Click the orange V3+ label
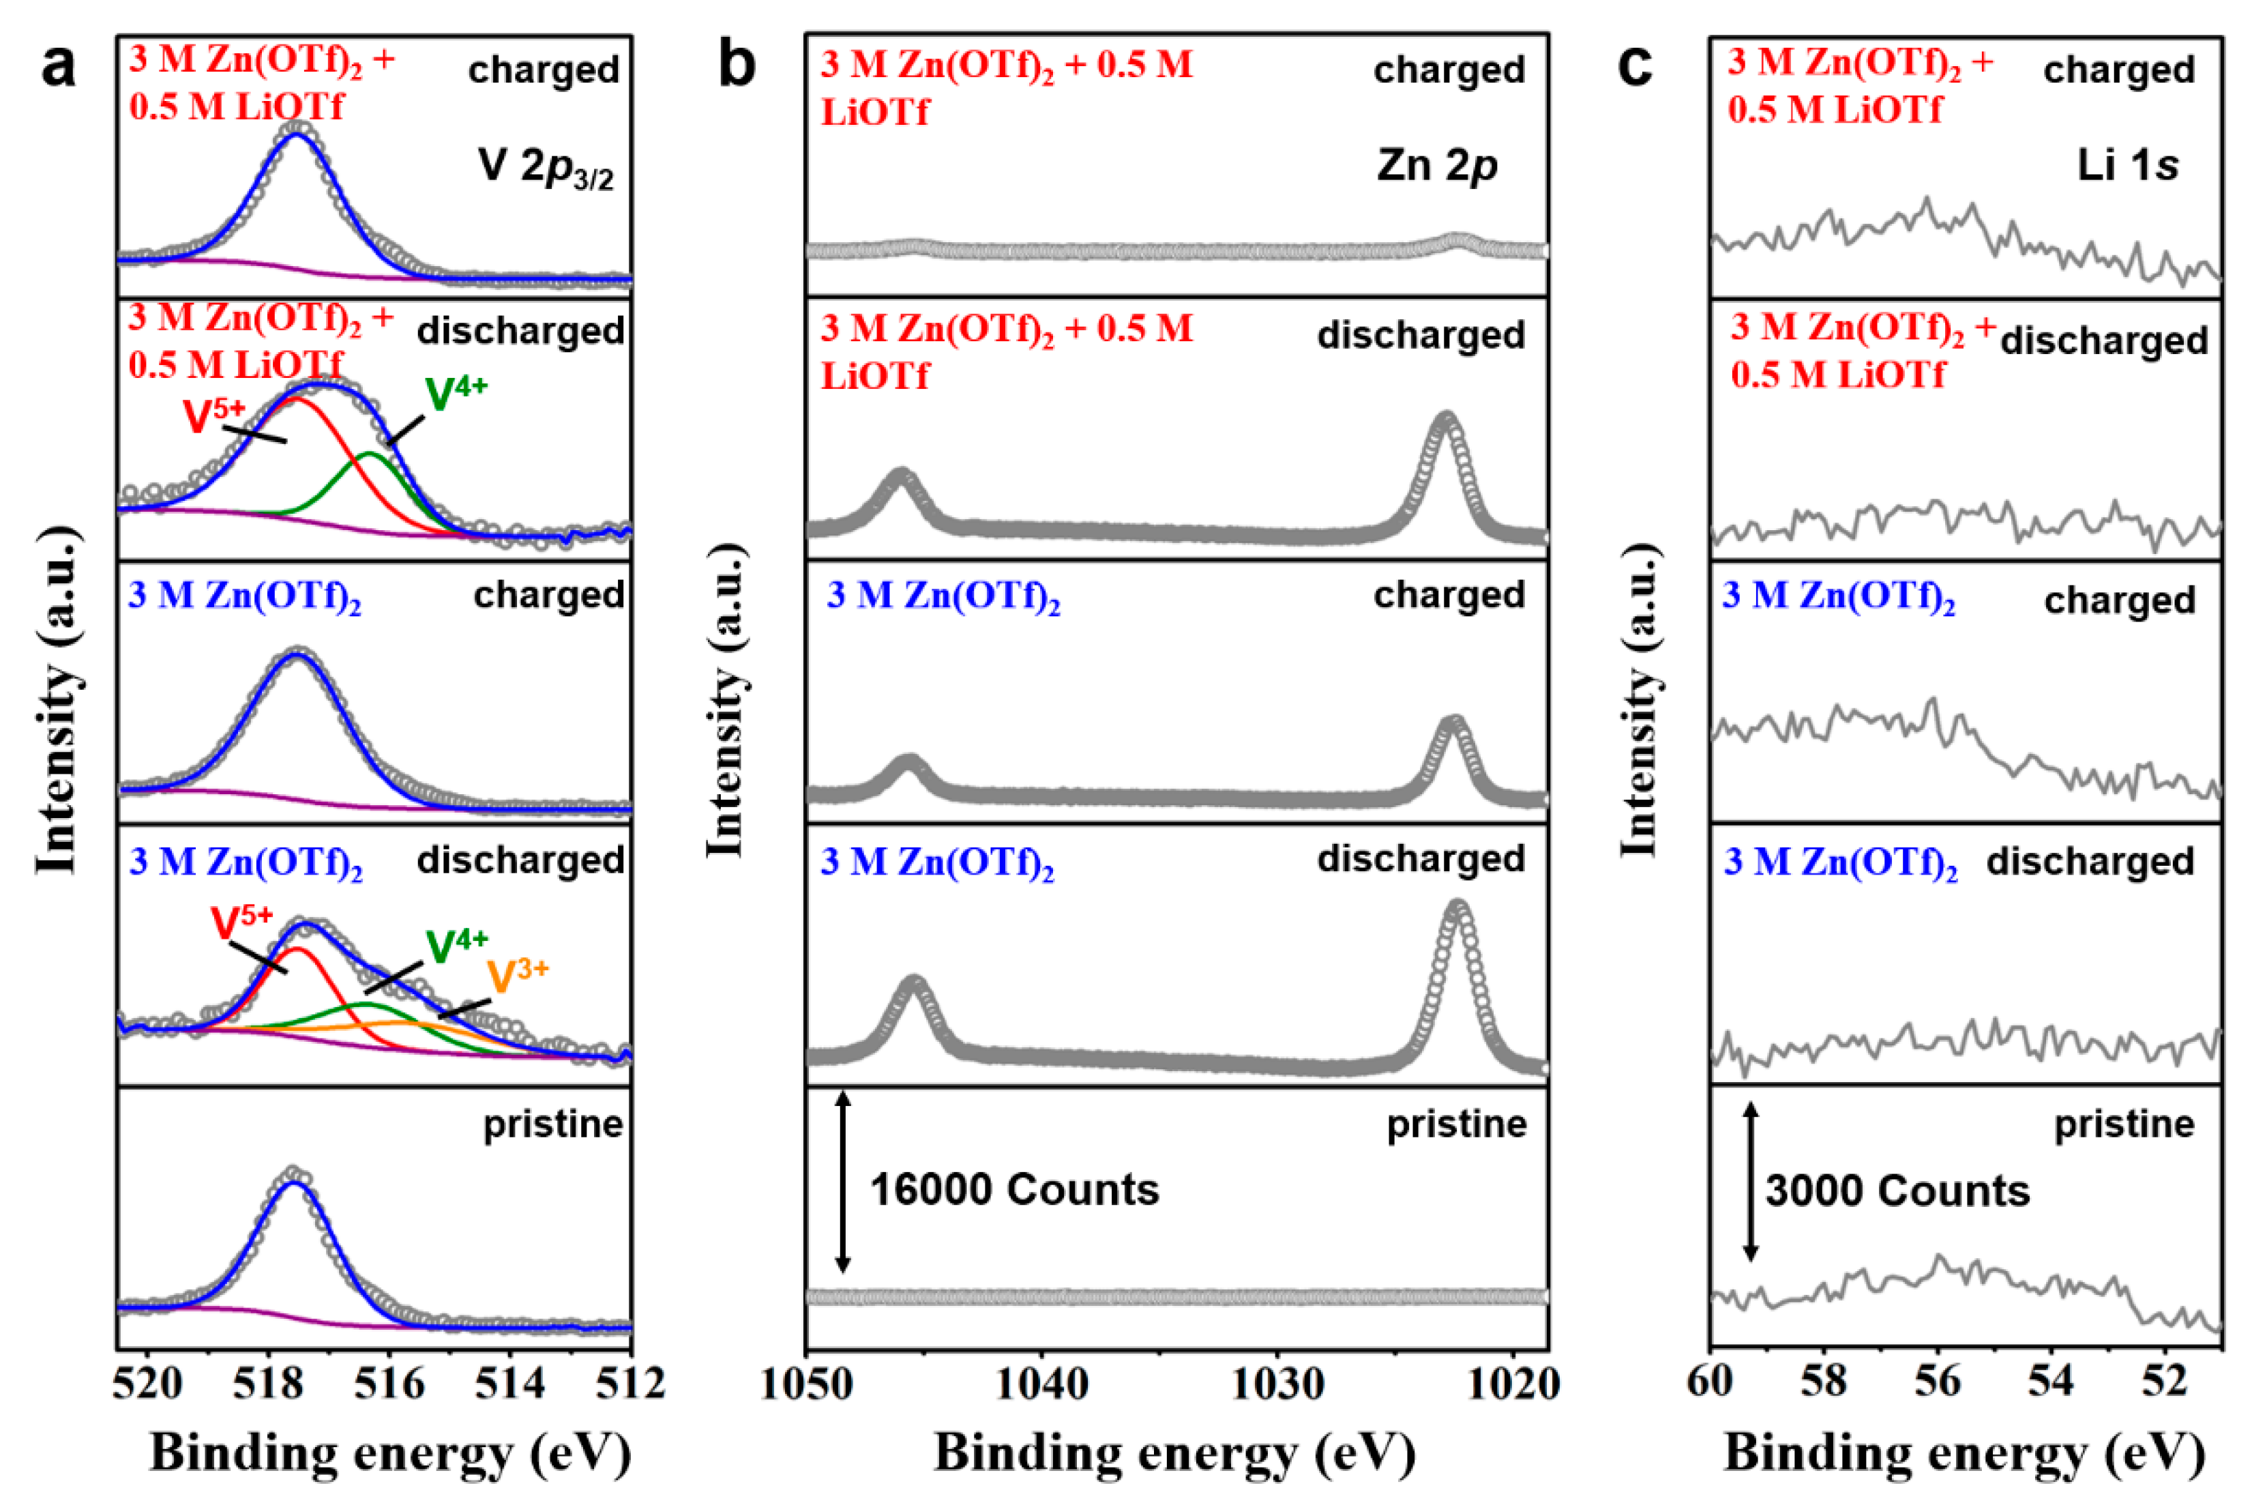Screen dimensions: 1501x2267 [518, 976]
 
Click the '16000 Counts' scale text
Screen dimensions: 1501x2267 [1013, 1190]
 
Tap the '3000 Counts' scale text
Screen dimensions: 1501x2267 [1897, 1192]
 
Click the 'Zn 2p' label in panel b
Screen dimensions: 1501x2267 [1436, 166]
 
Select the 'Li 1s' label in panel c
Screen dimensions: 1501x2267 [2127, 166]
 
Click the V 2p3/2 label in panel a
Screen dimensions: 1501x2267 [546, 169]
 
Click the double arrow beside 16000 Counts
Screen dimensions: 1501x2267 [842, 1183]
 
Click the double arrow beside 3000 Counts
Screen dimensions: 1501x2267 [1749, 1183]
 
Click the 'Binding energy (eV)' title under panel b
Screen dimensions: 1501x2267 [1175, 1454]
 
